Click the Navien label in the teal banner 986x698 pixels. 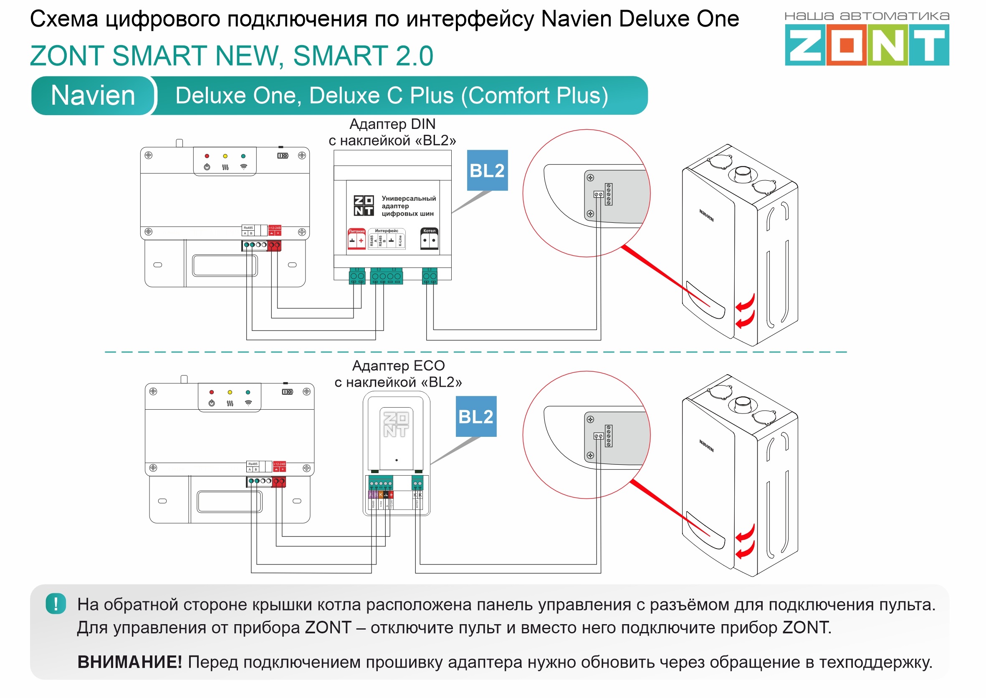pyautogui.click(x=93, y=96)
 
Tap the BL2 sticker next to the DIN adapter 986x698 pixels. pyautogui.click(x=487, y=171)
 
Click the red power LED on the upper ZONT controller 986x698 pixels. pyautogui.click(x=207, y=156)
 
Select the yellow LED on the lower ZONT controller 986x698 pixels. pyautogui.click(x=230, y=393)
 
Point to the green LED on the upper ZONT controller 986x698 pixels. pyautogui.click(x=243, y=156)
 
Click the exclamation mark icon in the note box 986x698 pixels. pyautogui.click(x=56, y=603)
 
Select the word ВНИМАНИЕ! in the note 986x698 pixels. pyautogui.click(x=129, y=662)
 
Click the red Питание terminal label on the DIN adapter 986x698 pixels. pyautogui.click(x=356, y=231)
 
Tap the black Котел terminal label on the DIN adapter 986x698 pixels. pyautogui.click(x=429, y=231)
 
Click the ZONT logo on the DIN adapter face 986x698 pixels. pyautogui.click(x=363, y=205)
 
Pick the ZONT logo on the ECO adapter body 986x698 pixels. pyautogui.click(x=396, y=425)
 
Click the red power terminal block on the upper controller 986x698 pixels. pyautogui.click(x=274, y=245)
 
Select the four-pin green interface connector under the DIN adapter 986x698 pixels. pyautogui.click(x=386, y=276)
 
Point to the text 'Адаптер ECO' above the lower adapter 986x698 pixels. pyautogui.click(x=398, y=366)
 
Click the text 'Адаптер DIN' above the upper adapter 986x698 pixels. pyautogui.click(x=392, y=124)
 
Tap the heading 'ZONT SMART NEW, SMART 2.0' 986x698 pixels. pyautogui.click(x=231, y=56)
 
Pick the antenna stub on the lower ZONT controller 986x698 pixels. pyautogui.click(x=184, y=379)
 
